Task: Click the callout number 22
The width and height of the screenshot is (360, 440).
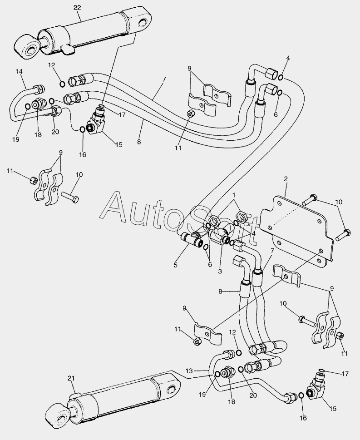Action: [77, 7]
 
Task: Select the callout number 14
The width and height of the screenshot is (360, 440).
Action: [19, 71]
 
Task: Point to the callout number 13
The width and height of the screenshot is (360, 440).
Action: [189, 371]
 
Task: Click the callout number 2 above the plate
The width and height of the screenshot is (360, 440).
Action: [286, 180]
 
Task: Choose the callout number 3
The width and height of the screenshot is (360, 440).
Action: [219, 272]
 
